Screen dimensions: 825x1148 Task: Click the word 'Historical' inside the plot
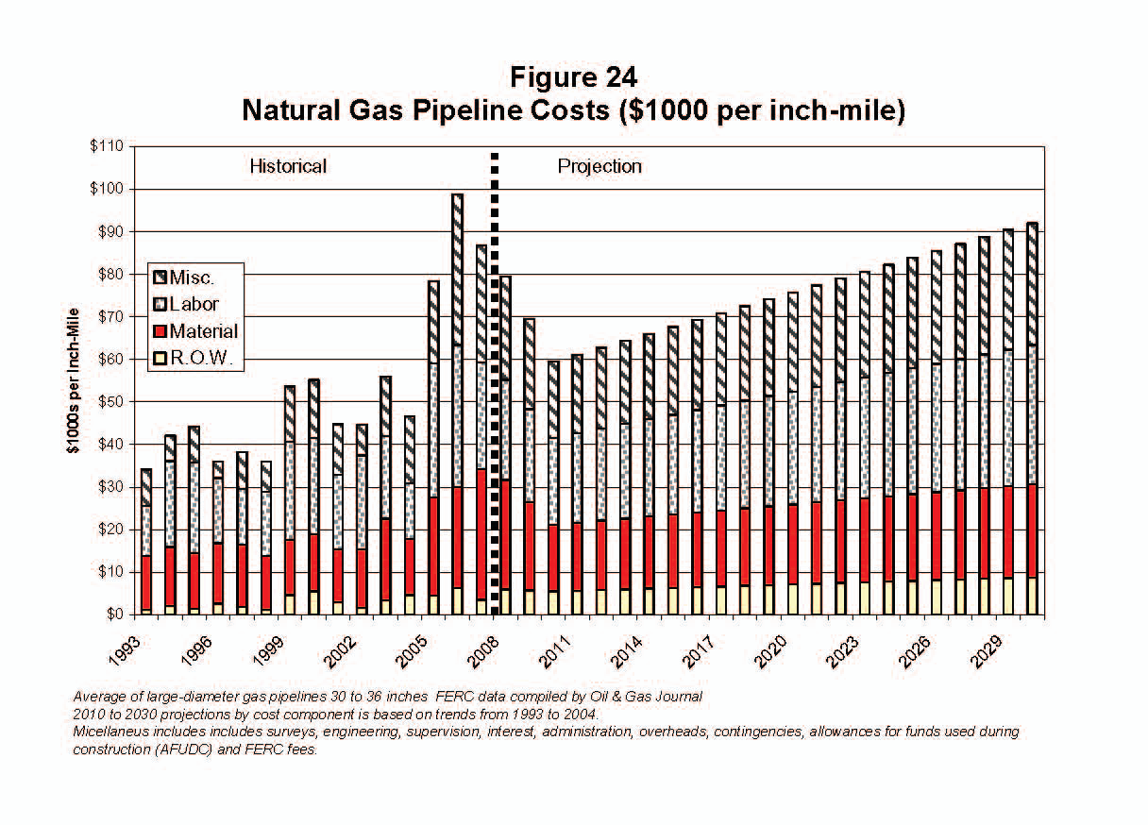[288, 167]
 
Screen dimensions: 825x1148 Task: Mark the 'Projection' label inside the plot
[599, 167]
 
